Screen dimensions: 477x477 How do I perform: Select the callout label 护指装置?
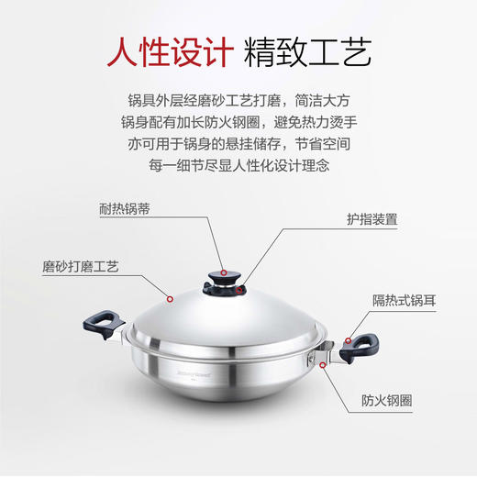pos(372,220)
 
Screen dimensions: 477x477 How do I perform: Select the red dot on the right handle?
pos(348,339)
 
